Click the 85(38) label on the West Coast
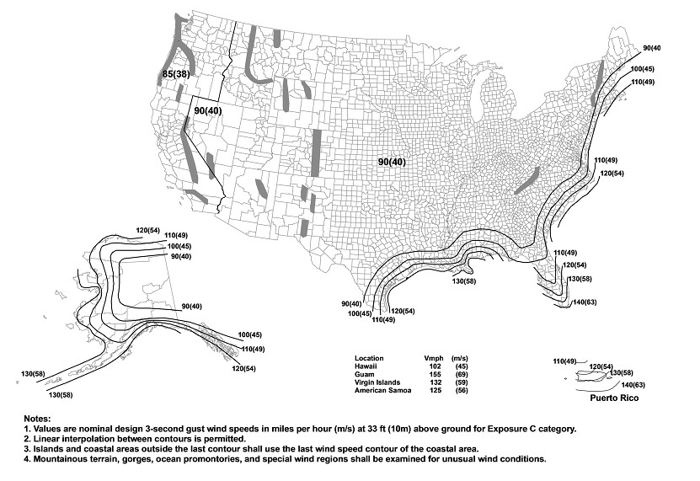tap(175, 77)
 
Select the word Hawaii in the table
tap(366, 366)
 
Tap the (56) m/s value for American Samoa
tap(461, 392)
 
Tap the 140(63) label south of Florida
tap(586, 302)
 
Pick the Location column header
tap(370, 358)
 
